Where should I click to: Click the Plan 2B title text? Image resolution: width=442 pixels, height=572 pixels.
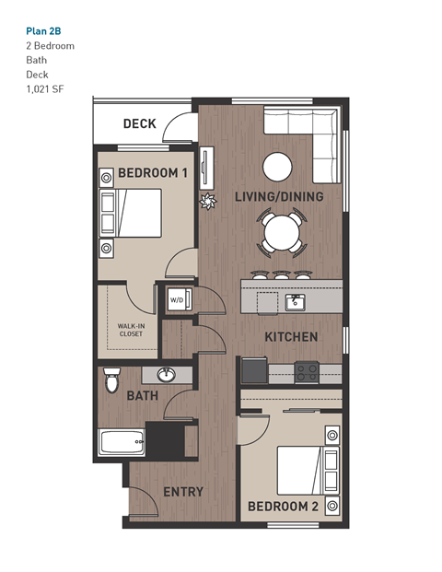43,29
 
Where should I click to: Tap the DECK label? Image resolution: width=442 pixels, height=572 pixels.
139,124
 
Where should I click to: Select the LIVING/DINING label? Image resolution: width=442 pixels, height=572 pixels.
278,197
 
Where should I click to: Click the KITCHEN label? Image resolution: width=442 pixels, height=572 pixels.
291,337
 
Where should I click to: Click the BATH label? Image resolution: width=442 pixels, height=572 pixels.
143,396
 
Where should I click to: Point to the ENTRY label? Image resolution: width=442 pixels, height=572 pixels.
182,492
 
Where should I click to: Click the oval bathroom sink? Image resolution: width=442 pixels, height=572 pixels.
167,375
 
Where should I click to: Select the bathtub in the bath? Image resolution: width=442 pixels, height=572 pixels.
122,443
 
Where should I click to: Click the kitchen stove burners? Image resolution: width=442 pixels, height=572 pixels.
306,372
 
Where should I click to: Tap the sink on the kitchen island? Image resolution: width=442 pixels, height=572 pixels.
295,302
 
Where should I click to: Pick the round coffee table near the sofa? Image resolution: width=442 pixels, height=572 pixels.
277,167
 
